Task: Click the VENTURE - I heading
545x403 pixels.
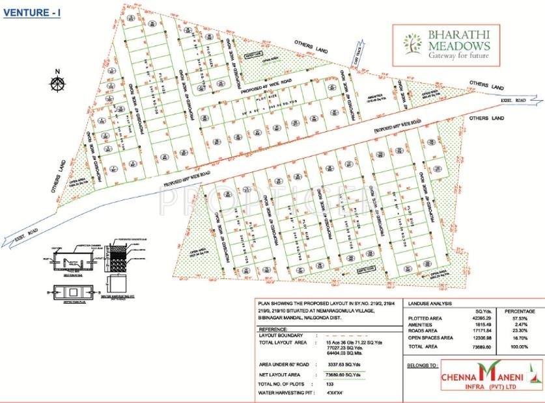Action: click(32, 12)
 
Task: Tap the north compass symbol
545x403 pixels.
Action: click(57, 83)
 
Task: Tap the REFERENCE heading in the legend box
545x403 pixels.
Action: click(277, 329)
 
